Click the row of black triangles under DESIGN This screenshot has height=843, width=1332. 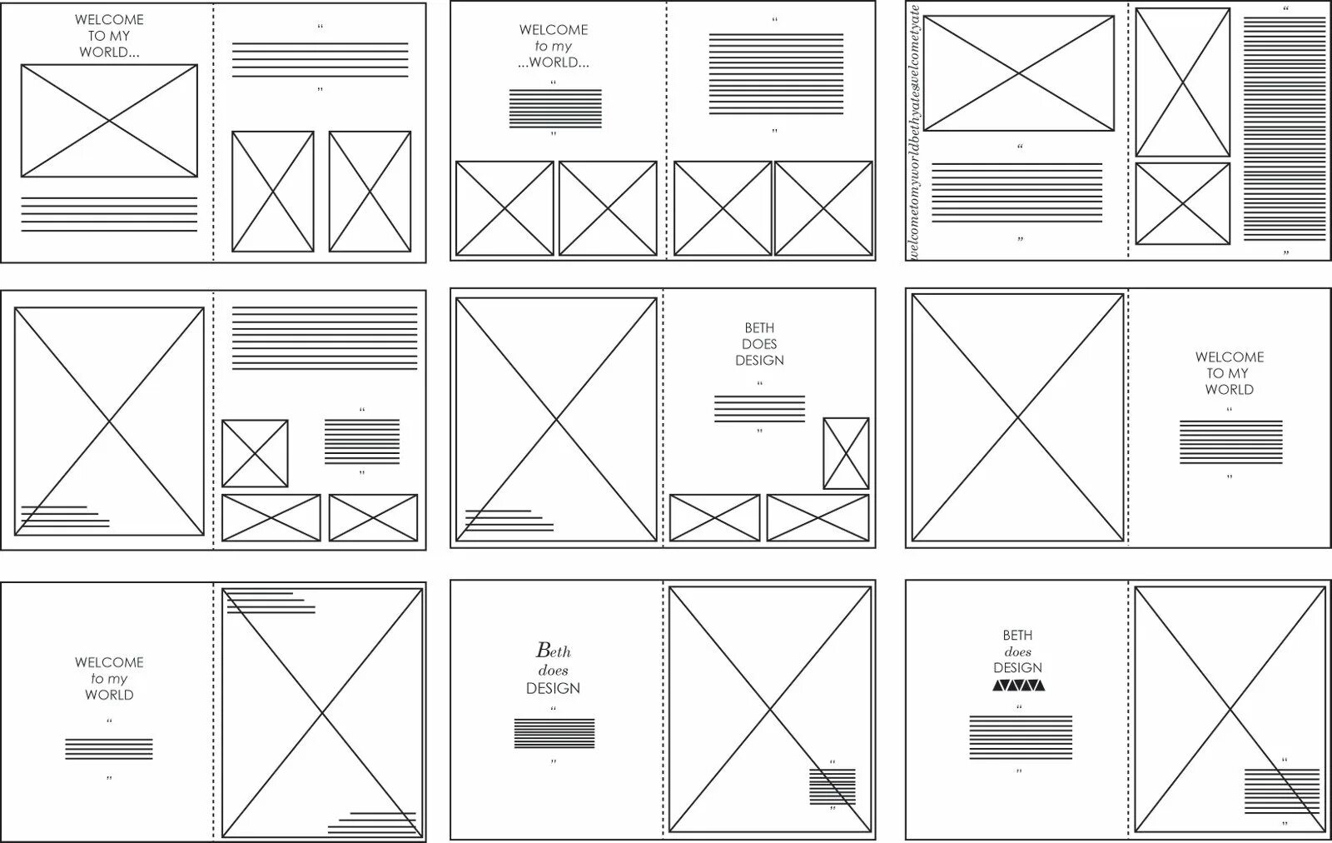pos(1017,686)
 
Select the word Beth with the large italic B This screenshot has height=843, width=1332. pos(553,650)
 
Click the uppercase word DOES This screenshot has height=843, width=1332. pos(759,344)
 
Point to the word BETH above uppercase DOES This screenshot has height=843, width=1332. pos(759,328)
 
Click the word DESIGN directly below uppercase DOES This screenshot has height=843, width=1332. pos(759,361)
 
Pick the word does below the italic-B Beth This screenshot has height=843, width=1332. pos(553,670)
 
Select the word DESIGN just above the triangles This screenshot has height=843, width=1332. pos(1017,668)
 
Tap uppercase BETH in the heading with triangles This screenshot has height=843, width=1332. pos(1017,636)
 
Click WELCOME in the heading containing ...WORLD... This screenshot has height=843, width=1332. pos(554,30)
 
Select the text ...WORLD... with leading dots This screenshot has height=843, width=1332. pos(554,62)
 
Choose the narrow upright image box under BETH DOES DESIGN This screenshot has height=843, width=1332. pos(846,453)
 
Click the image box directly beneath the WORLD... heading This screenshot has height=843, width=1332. pos(109,121)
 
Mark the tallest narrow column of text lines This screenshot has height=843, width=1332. pos(1285,128)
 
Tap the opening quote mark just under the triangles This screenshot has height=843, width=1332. pos(1017,707)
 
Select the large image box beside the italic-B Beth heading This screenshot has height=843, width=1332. pos(770,710)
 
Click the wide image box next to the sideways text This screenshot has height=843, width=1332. pos(1018,73)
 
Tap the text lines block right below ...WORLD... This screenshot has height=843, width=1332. pos(555,108)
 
